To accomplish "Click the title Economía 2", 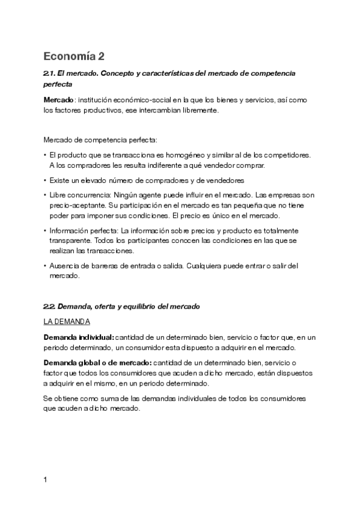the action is tap(74, 57).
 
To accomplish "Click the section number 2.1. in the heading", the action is tap(52, 73).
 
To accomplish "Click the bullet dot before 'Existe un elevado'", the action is tap(45, 180).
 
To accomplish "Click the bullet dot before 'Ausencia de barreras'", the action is tap(45, 266).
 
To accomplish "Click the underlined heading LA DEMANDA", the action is tap(67, 322).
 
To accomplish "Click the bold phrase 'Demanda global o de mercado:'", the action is tap(98, 363).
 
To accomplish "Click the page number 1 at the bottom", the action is tap(45, 480).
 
